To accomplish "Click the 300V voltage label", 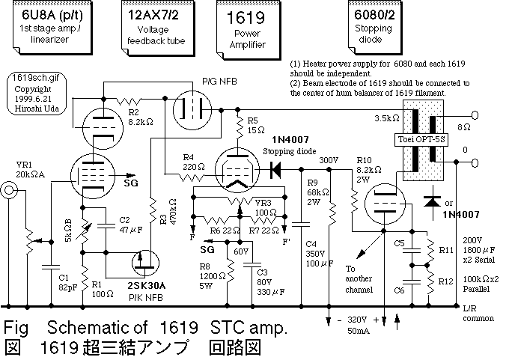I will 329,160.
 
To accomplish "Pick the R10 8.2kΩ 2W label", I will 367,169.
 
